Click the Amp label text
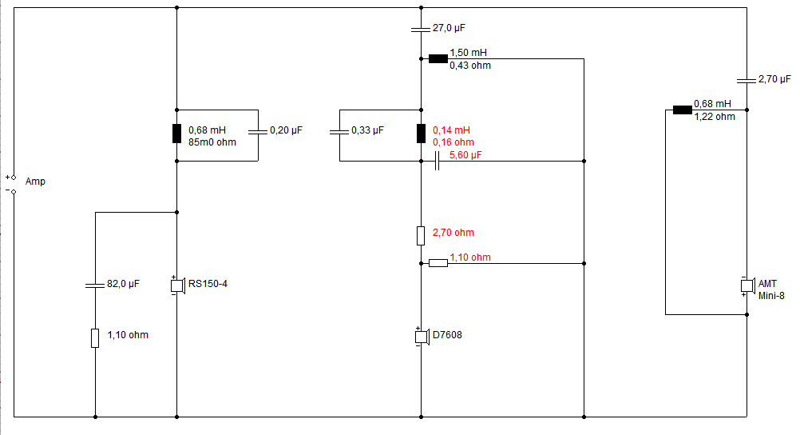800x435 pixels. point(36,182)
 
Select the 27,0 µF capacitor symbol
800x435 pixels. point(421,29)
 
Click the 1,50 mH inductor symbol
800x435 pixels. point(438,58)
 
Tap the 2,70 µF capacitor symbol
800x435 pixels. point(746,80)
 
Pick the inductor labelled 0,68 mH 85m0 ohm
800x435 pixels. point(176,134)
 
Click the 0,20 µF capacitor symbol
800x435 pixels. point(258,130)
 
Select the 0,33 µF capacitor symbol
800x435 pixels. point(339,130)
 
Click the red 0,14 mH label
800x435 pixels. point(451,130)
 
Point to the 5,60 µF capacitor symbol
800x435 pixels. point(437,162)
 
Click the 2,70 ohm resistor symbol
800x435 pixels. point(421,235)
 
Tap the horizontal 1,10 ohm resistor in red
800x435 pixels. point(438,262)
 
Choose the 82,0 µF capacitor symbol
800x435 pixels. point(95,284)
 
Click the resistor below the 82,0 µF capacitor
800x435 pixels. point(95,337)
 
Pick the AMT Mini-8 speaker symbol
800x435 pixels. point(747,285)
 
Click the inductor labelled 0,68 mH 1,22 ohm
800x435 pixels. point(682,110)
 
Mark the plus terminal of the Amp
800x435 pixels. point(14,176)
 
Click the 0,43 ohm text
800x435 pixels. point(470,66)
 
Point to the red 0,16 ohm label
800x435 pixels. point(453,142)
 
